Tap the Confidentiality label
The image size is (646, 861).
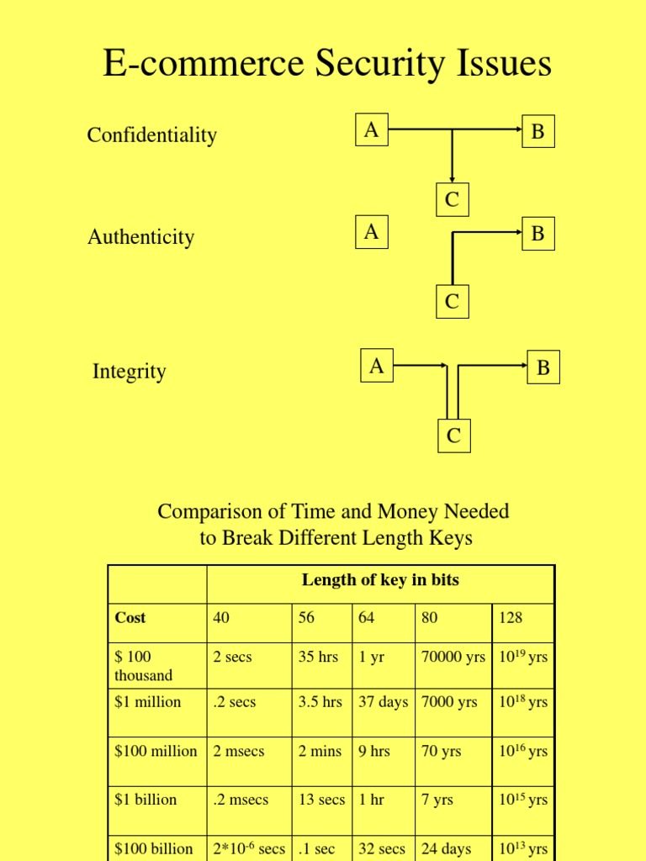pos(151,135)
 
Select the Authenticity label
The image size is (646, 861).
pos(140,237)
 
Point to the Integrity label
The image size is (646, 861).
pos(129,372)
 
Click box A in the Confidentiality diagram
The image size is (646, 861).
pos(371,130)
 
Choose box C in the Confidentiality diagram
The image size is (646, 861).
pos(452,200)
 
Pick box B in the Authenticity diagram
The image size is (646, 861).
pos(537,233)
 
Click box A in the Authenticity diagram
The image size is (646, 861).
pos(371,232)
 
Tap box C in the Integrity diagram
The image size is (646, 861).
pos(453,436)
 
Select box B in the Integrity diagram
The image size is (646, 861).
pos(543,367)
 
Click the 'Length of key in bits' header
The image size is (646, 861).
pos(380,580)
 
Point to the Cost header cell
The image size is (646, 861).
pos(130,618)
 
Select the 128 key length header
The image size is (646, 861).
pos(511,618)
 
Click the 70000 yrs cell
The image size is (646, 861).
pos(453,658)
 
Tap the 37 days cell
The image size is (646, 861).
pos(383,702)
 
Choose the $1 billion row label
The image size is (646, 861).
pos(146,800)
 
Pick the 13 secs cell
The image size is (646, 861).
pos(321,800)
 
